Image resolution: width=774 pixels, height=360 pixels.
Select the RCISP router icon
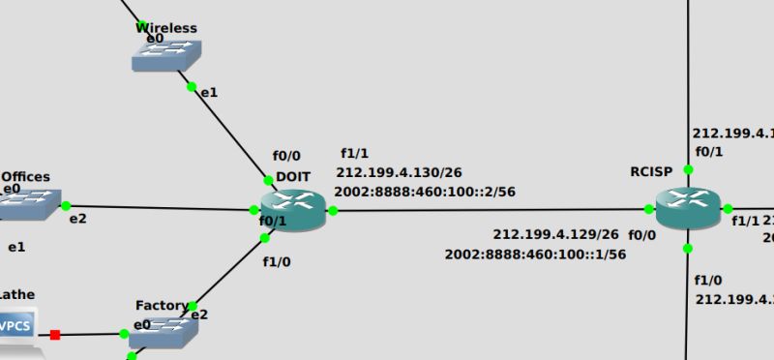pos(688,207)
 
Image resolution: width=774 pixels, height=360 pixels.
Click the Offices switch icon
pos(27,204)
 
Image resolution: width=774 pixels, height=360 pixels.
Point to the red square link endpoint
pos(55,335)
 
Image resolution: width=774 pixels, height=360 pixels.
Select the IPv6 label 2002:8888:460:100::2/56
pos(425,192)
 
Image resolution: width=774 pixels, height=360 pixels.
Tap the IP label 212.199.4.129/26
pos(555,234)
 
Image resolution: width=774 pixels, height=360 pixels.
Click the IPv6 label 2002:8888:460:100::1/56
pos(535,254)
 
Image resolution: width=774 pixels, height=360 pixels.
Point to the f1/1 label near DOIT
pos(354,154)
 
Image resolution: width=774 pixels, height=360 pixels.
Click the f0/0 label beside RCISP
pos(641,234)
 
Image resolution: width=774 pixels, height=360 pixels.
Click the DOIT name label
pos(293,176)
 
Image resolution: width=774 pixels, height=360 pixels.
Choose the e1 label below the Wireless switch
pos(209,92)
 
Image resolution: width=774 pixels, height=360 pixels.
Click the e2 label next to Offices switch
pos(77,219)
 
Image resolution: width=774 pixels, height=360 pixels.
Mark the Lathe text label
pos(17,292)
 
